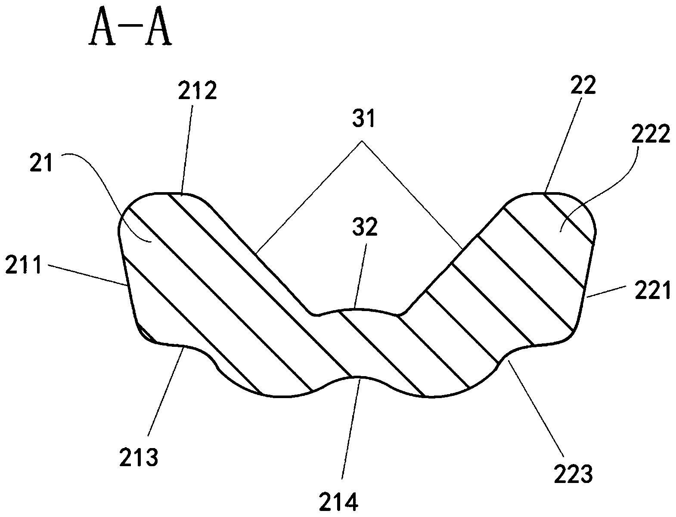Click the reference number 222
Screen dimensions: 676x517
[651, 134]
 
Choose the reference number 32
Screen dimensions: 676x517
[365, 227]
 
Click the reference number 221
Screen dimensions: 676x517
[652, 290]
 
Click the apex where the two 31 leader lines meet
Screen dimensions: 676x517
[362, 141]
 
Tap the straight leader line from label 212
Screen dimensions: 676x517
[188, 150]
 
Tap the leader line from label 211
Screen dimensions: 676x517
[87, 275]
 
